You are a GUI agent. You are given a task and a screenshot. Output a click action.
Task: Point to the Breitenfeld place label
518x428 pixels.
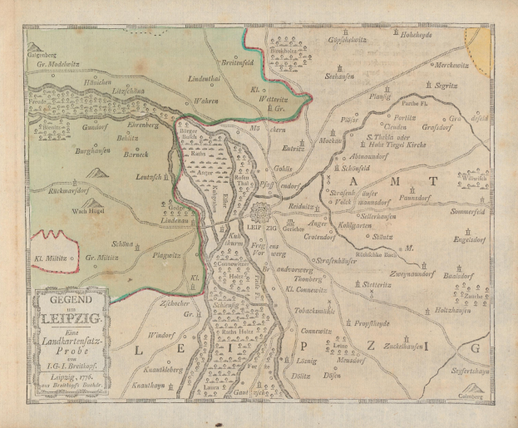pos(243,61)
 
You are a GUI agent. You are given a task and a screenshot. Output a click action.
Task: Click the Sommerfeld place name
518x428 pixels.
pos(466,211)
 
